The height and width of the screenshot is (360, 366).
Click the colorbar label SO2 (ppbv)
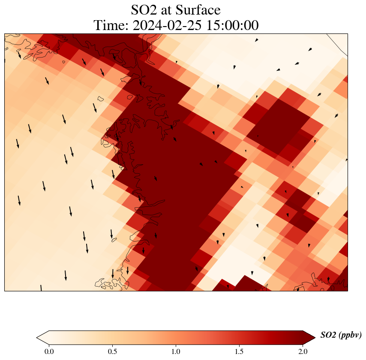(341, 336)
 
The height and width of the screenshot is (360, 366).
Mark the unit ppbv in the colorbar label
(350, 336)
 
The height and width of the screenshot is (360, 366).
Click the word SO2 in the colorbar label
(328, 336)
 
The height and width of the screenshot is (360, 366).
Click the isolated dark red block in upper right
(279, 127)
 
